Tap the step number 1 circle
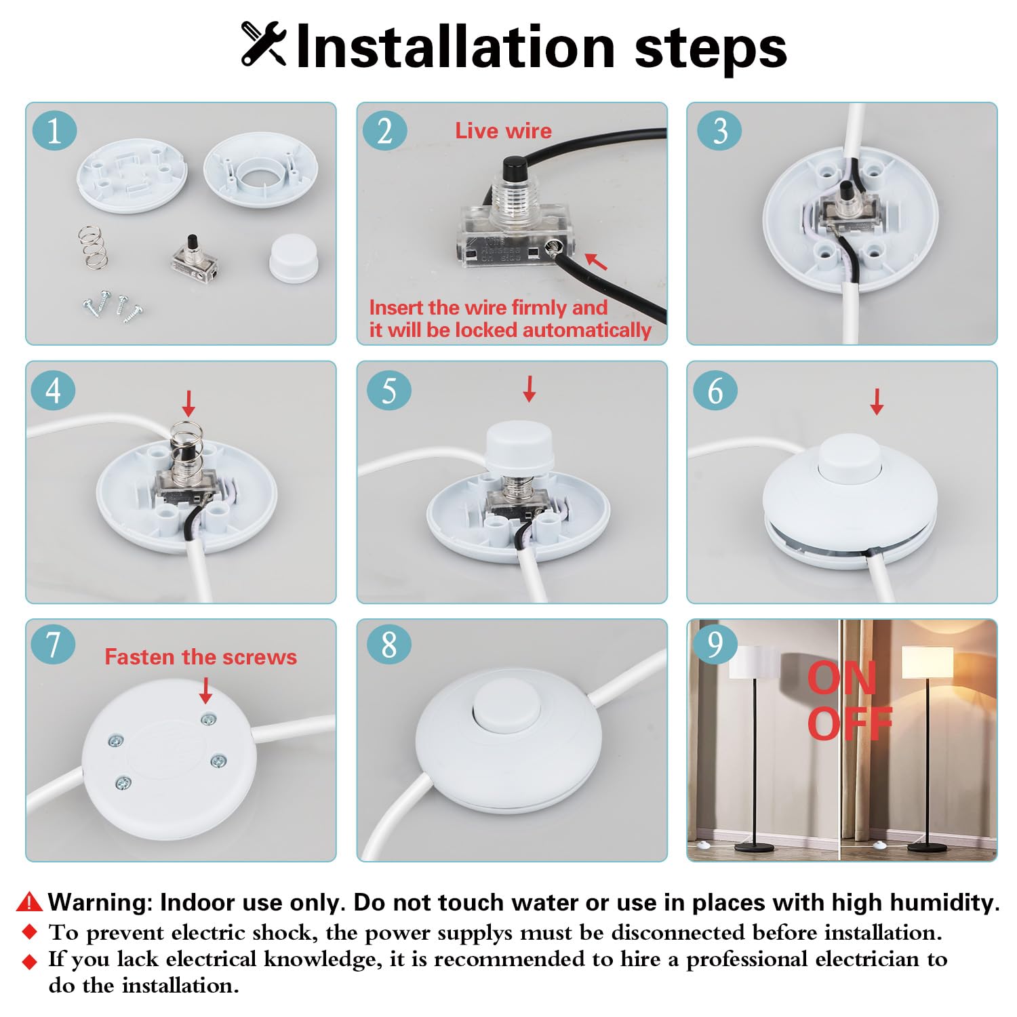pyautogui.click(x=54, y=130)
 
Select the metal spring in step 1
pyautogui.click(x=92, y=247)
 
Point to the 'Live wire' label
pyautogui.click(x=503, y=131)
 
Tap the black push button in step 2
pyautogui.click(x=511, y=167)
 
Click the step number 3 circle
pyautogui.click(x=719, y=130)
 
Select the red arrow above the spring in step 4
pyautogui.click(x=188, y=403)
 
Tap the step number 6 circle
pyautogui.click(x=715, y=391)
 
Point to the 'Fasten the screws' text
pyautogui.click(x=201, y=657)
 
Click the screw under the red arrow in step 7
pyautogui.click(x=207, y=719)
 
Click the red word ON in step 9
pyautogui.click(x=841, y=678)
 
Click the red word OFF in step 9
pyautogui.click(x=849, y=724)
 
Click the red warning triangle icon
pyautogui.click(x=29, y=902)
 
